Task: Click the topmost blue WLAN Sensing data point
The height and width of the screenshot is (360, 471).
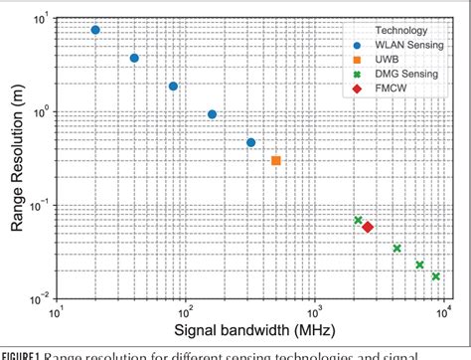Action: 95,30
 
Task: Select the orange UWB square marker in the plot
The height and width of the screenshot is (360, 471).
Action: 276,160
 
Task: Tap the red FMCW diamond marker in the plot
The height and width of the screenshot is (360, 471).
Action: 368,228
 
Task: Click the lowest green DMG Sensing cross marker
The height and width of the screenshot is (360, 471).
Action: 435,276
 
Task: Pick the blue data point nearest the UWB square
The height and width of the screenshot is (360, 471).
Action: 251,142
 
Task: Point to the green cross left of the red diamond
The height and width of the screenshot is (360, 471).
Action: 358,220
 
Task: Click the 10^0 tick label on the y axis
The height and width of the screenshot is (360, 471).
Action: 41,112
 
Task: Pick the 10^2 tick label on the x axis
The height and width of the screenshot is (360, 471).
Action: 186,311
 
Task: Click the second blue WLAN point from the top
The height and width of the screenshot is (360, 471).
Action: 134,58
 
